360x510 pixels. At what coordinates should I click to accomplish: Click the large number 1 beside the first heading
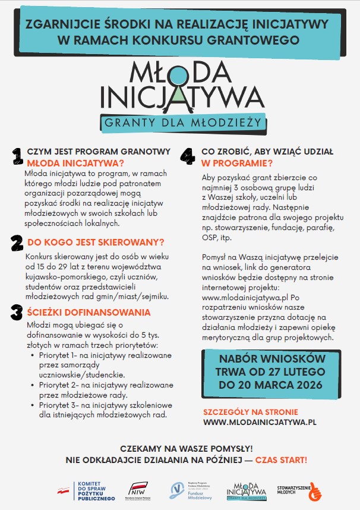coord(17,156)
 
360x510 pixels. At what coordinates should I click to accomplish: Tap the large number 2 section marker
coord(17,244)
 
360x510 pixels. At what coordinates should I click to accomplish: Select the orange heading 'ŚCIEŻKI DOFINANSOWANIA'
coord(89,312)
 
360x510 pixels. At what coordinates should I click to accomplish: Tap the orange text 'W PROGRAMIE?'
coord(237,163)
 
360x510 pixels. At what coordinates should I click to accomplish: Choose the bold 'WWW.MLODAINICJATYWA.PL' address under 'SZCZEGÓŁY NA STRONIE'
coord(259,421)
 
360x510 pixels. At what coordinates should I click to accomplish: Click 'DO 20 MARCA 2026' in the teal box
coord(271,385)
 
